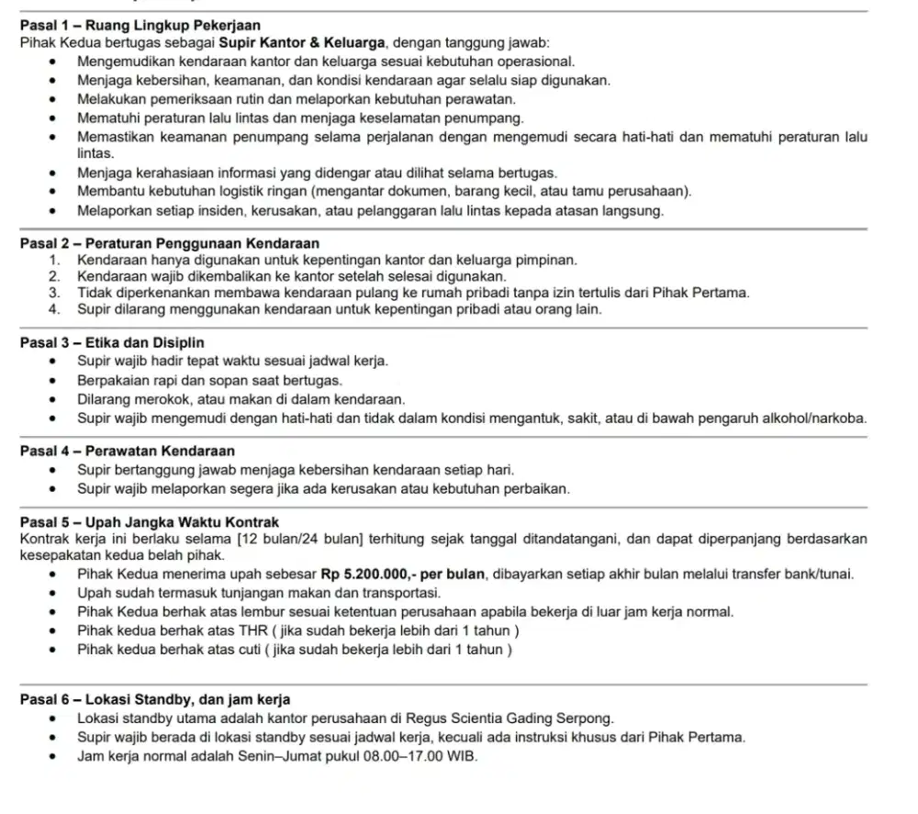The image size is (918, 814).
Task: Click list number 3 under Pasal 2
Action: point(55,294)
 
